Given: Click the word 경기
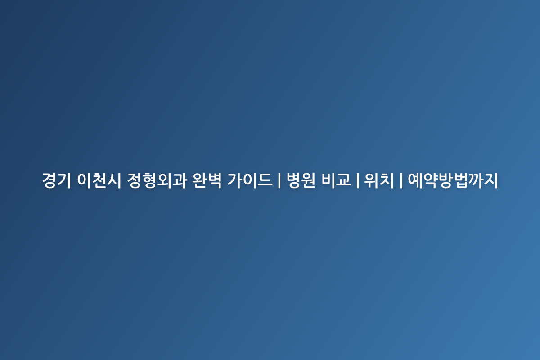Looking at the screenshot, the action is click(56, 180).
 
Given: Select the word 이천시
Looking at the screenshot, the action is click(99, 180).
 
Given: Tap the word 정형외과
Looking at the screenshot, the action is click(157, 180).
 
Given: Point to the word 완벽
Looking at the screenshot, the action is click(207, 180).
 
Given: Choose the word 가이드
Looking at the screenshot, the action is click(249, 180).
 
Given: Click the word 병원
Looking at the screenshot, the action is click(301, 180).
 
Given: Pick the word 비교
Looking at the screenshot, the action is click(336, 180).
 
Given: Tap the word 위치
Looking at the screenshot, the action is click(379, 180).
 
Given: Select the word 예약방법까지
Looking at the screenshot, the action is click(453, 180).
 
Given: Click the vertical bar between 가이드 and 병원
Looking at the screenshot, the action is click(279, 180).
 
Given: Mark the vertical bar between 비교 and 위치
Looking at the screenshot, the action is click(357, 180).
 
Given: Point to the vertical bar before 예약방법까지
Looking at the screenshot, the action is click(401, 180).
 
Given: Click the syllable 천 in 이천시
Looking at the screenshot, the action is click(99, 180).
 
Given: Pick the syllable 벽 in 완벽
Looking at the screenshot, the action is click(215, 180).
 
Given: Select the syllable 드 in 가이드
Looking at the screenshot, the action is click(265, 180).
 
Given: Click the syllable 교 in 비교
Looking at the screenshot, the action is click(343, 180).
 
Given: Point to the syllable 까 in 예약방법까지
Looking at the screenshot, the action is click(476, 180).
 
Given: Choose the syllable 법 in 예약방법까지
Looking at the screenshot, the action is click(461, 180).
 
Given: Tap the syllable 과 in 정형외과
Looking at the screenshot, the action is click(180, 180).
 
